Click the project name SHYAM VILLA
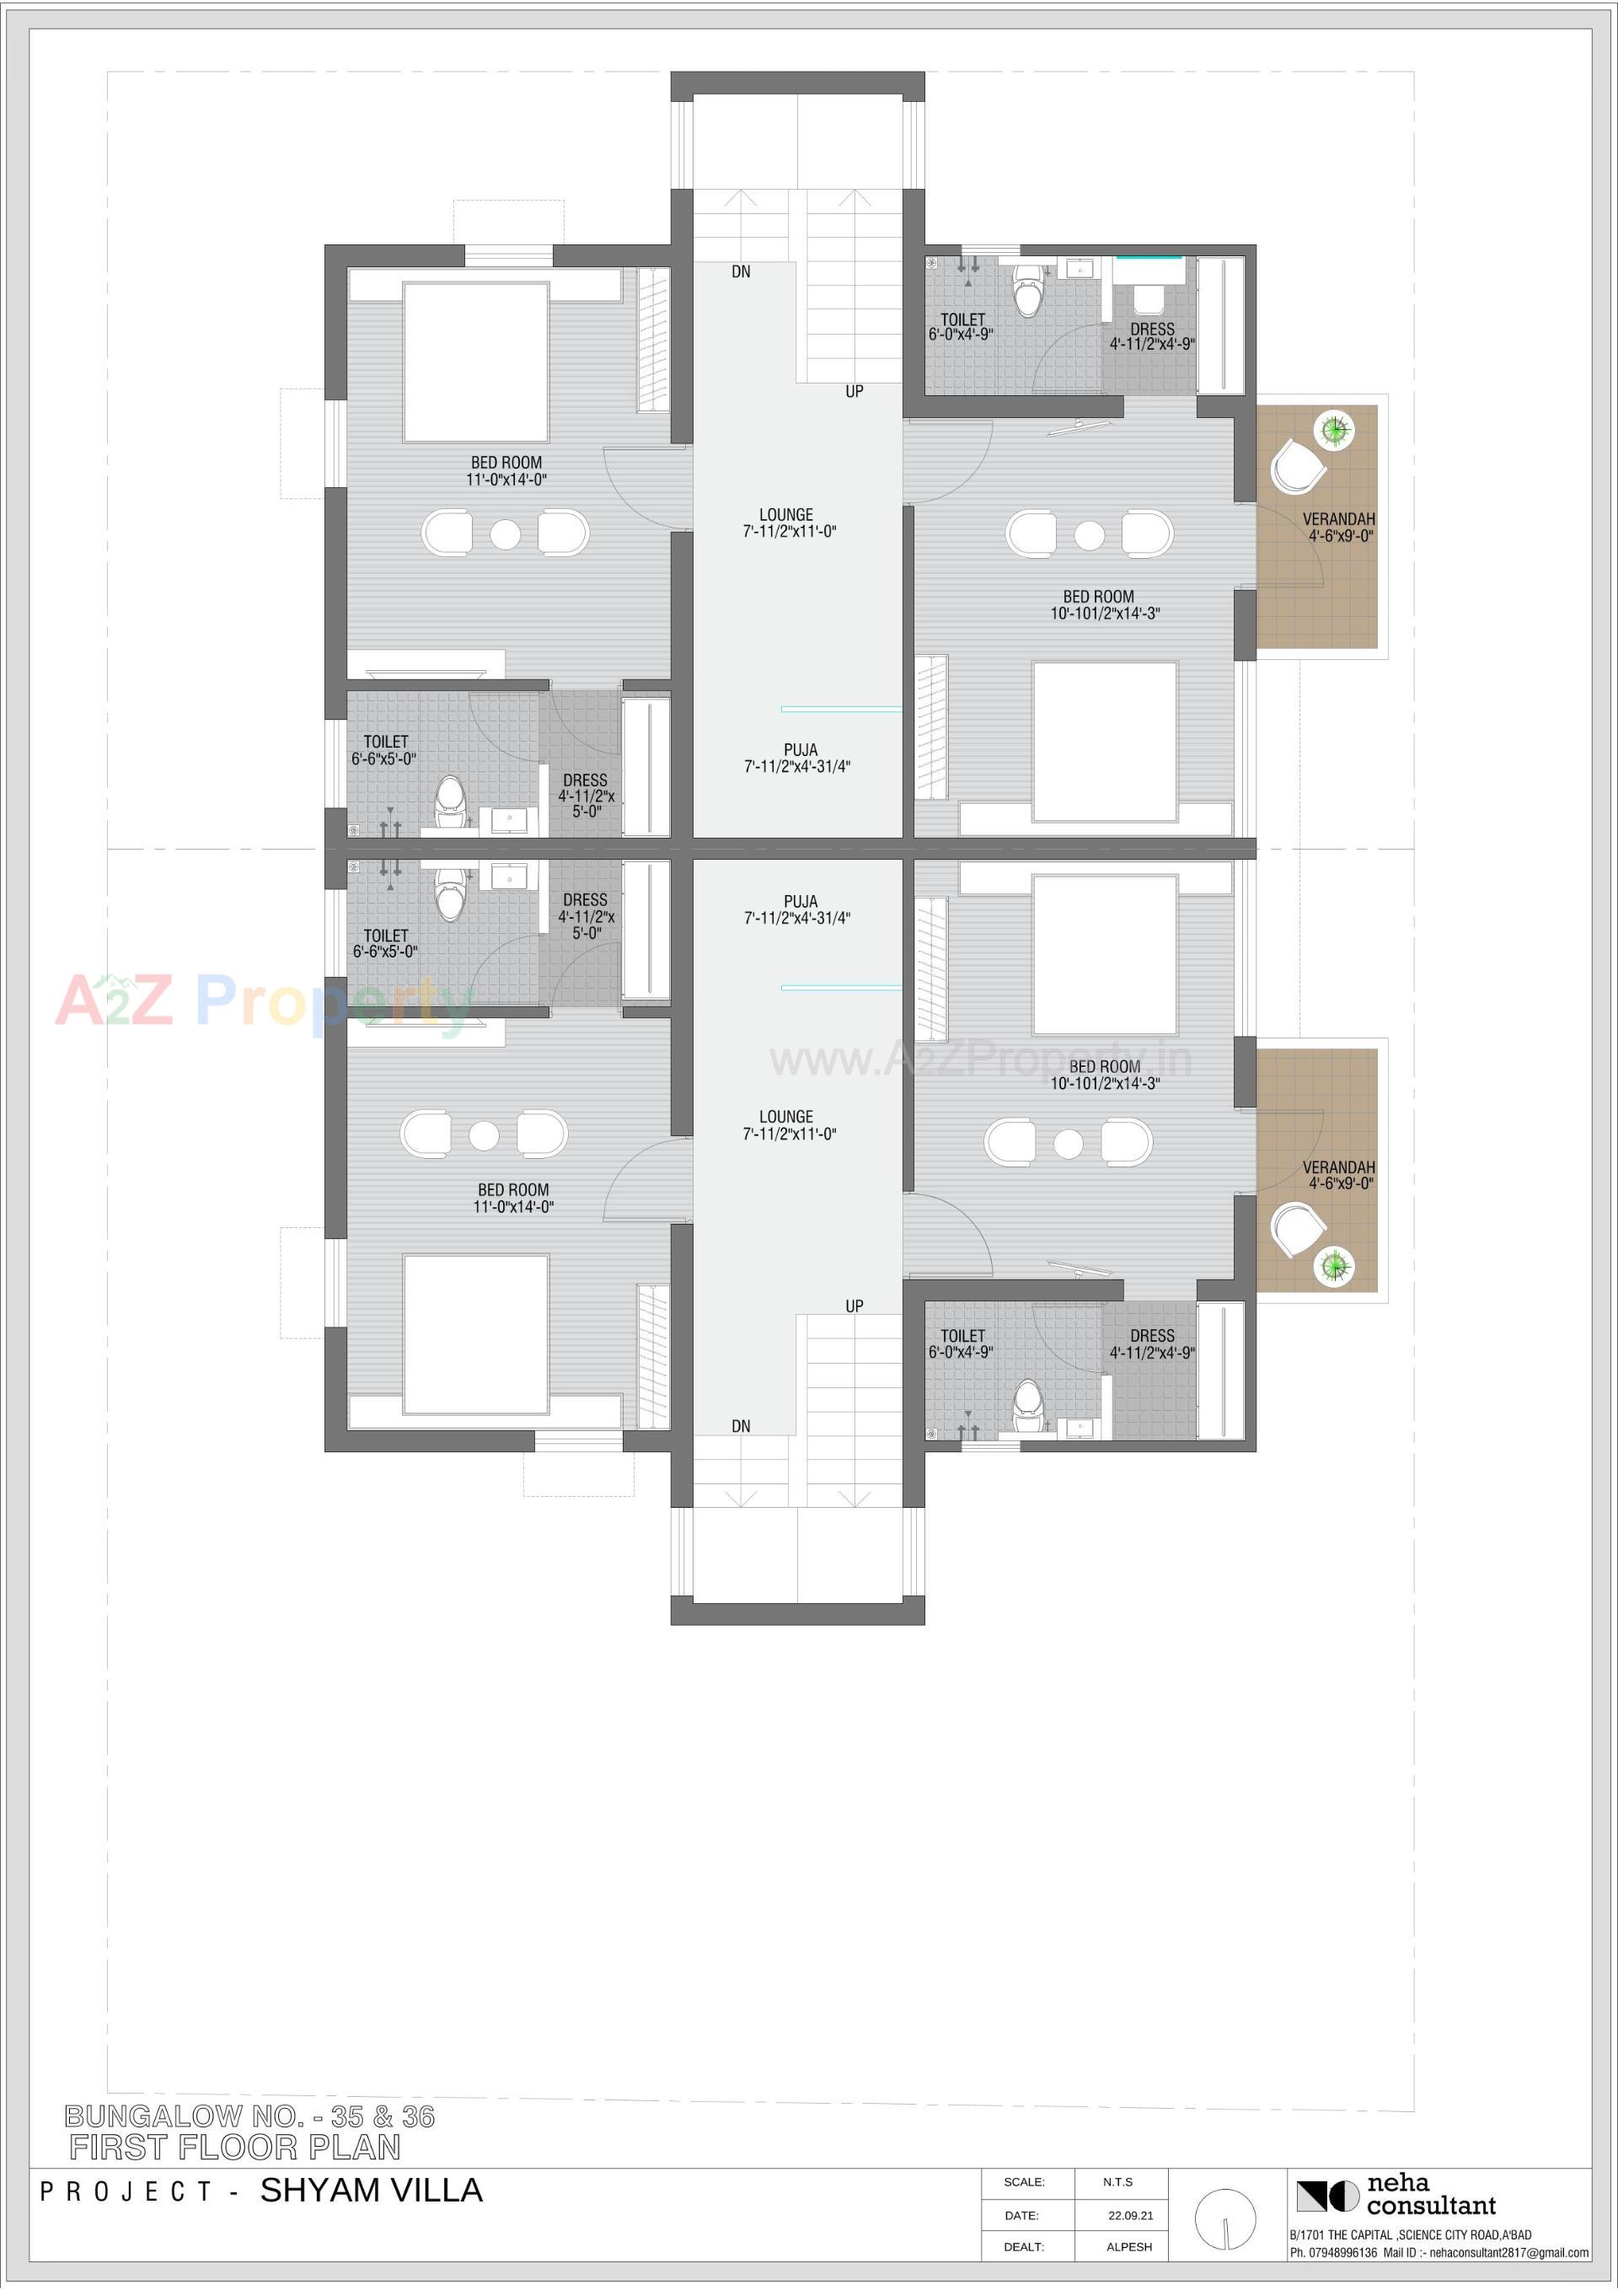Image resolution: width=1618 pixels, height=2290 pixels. (x=371, y=2191)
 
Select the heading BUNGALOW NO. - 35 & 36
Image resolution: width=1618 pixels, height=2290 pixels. (x=249, y=2116)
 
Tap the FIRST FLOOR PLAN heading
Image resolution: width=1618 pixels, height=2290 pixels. (x=235, y=2148)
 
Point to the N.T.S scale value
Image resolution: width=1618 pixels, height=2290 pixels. (x=1117, y=2182)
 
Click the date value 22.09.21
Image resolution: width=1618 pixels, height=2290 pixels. (x=1130, y=2215)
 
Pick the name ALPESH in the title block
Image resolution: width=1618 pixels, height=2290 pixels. (x=1129, y=2247)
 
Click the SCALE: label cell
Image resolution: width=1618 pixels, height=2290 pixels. (x=1024, y=2182)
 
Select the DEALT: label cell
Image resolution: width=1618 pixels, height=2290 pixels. (x=1024, y=2247)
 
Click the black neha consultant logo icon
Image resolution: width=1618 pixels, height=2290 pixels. (x=1326, y=2196)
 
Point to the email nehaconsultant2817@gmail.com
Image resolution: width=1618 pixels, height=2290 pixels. (x=1509, y=2252)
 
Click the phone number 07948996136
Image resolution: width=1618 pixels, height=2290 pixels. (x=1342, y=2252)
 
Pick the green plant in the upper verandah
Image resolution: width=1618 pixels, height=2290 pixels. (x=1335, y=431)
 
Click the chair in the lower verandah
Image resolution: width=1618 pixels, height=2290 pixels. (x=1298, y=1229)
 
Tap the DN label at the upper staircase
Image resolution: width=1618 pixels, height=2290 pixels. (x=740, y=271)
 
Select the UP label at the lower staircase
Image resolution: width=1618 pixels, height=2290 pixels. (x=854, y=1306)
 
